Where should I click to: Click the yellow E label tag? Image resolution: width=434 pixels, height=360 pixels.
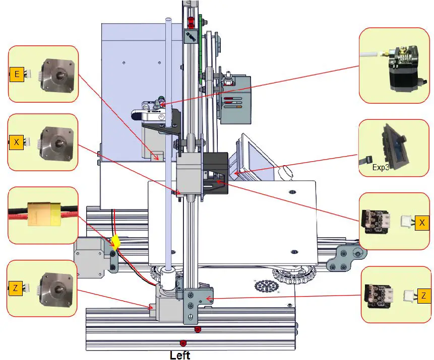click(17, 75)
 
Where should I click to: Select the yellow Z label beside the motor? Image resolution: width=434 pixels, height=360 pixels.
click(16, 288)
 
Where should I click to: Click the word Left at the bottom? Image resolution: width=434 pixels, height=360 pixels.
click(180, 355)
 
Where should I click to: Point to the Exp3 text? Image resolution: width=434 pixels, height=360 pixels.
click(380, 168)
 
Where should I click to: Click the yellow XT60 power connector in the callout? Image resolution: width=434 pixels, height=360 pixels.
click(43, 214)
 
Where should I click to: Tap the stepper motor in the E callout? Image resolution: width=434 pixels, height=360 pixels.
click(59, 76)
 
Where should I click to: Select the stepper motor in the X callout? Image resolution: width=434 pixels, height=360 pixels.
click(59, 143)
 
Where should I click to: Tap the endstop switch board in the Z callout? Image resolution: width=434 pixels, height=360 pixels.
click(379, 295)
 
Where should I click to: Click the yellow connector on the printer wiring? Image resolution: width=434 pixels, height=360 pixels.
click(117, 242)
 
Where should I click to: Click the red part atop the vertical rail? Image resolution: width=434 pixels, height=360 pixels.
click(191, 23)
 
